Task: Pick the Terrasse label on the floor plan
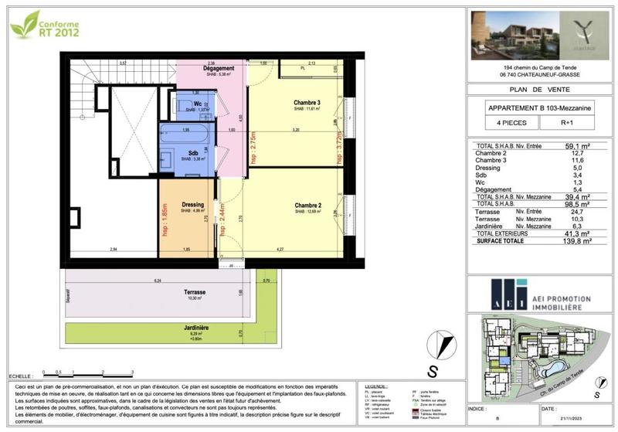195,292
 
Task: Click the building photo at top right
509,36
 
